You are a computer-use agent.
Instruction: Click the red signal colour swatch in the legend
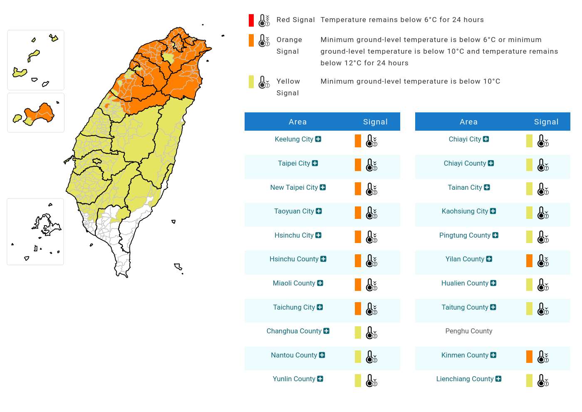(x=251, y=20)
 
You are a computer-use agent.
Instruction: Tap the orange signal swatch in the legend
(x=251, y=40)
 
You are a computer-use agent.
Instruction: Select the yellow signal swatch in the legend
(x=251, y=82)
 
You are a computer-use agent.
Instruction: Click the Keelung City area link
(x=294, y=139)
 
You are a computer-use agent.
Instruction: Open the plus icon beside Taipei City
(x=315, y=163)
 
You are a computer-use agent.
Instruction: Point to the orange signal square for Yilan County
(x=529, y=261)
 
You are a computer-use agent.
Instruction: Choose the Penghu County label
(x=468, y=331)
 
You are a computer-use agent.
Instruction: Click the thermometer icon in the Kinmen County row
(x=543, y=357)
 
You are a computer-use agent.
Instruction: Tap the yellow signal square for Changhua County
(x=358, y=333)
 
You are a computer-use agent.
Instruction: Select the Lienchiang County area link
(x=465, y=379)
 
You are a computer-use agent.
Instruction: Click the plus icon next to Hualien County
(x=493, y=283)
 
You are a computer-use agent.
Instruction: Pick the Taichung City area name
(x=294, y=308)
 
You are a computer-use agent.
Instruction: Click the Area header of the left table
(x=297, y=122)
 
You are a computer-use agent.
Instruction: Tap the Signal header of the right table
(x=546, y=122)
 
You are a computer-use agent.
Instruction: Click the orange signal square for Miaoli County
(x=358, y=285)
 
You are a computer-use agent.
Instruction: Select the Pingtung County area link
(x=465, y=236)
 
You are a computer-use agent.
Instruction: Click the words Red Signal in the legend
(x=295, y=20)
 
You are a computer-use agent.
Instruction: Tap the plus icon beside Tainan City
(x=487, y=187)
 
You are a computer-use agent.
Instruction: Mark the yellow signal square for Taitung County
(x=529, y=308)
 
